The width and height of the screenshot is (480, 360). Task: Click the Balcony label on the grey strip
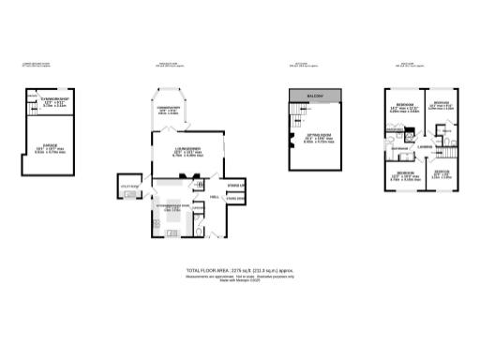pyautogui.click(x=313, y=97)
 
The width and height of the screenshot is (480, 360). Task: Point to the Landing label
pyautogui.click(x=424, y=146)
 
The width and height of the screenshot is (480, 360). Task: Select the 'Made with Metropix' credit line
pyautogui.click(x=239, y=281)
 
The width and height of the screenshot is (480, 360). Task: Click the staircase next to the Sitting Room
pyautogui.click(x=299, y=113)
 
